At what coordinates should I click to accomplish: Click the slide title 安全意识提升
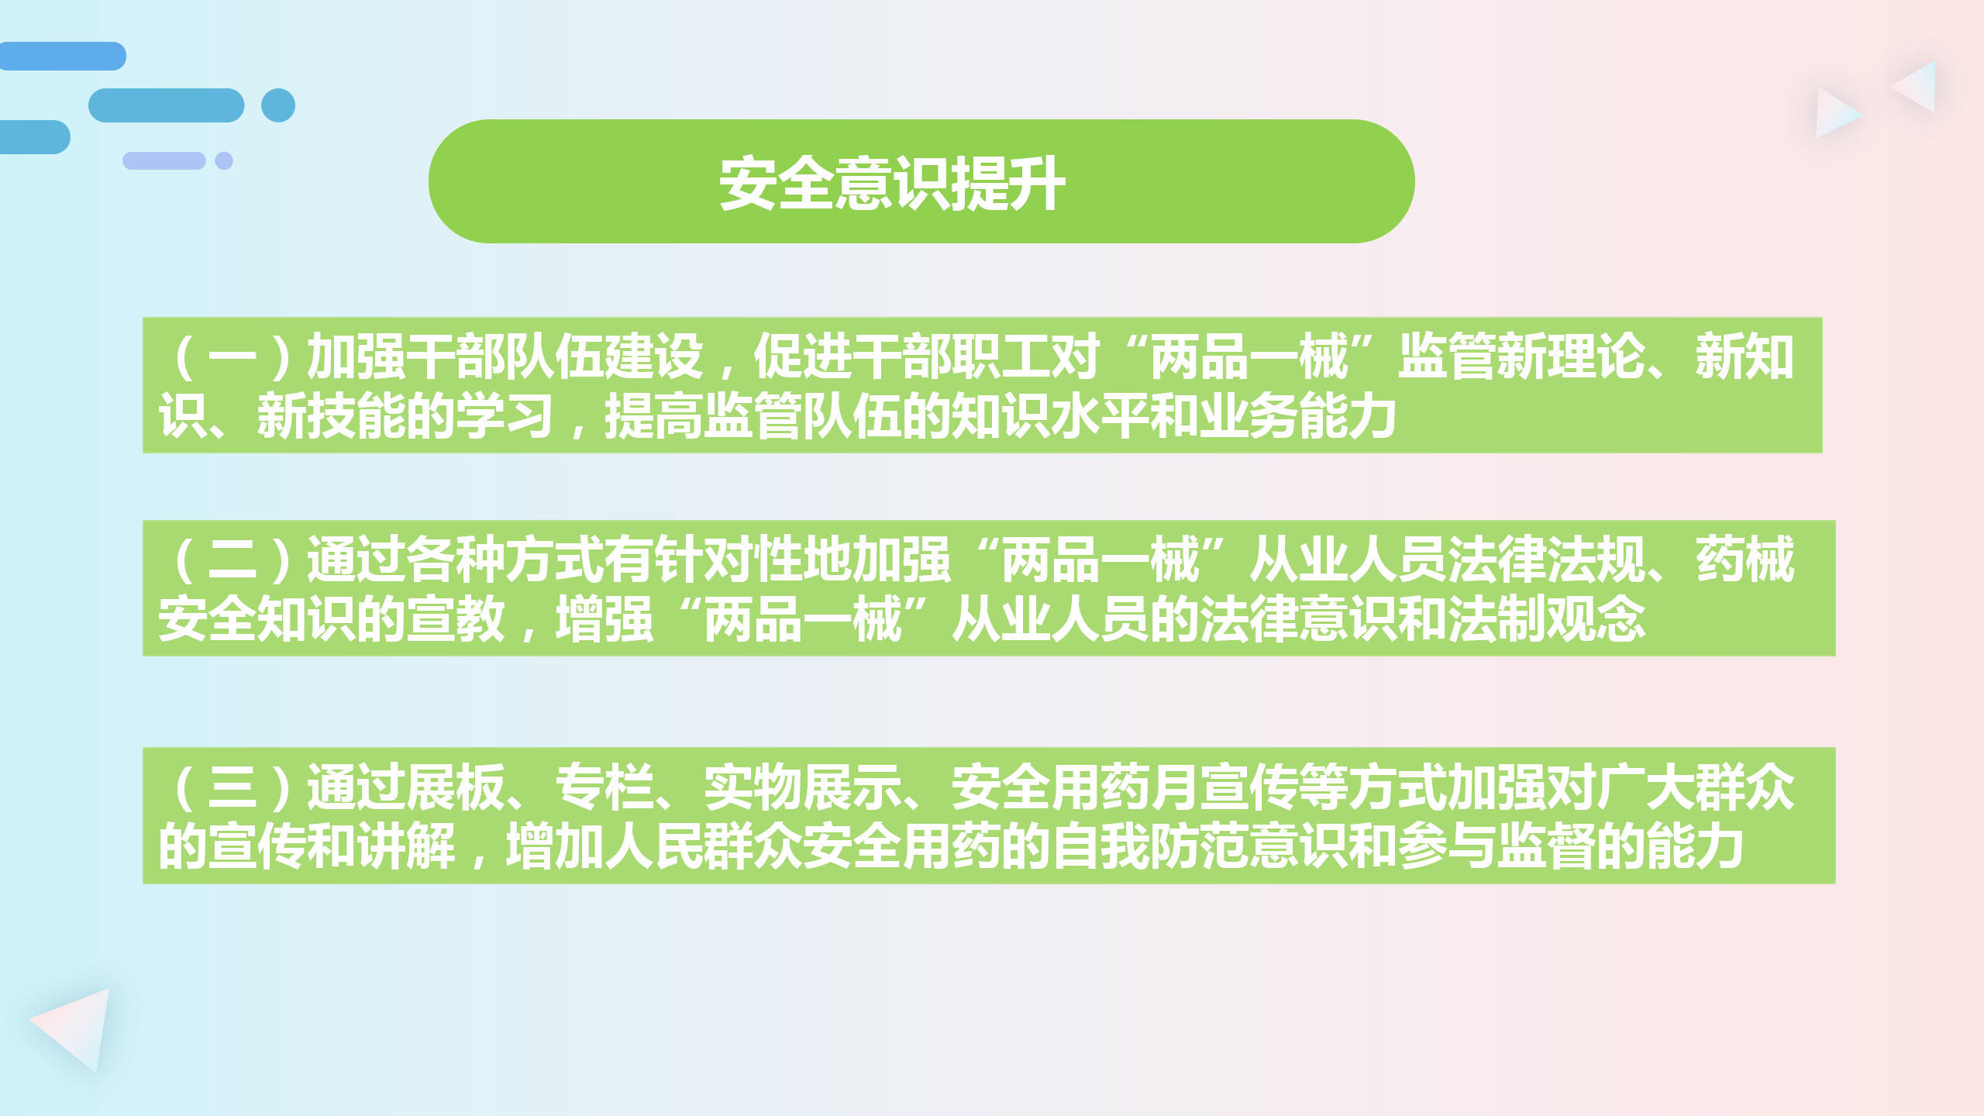(x=892, y=184)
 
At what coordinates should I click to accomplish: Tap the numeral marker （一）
(x=232, y=357)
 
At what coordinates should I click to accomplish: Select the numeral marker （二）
(x=232, y=560)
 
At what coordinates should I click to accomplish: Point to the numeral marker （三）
(x=232, y=787)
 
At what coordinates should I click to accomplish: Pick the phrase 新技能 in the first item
(x=331, y=416)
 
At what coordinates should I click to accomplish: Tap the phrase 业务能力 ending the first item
(x=1297, y=416)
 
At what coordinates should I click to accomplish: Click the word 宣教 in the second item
(x=456, y=619)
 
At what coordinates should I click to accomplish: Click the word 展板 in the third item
(x=456, y=787)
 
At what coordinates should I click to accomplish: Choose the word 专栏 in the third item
(x=604, y=787)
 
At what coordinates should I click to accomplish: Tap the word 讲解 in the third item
(x=406, y=846)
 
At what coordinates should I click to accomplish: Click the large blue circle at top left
(x=278, y=105)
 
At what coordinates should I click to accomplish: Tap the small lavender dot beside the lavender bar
(x=224, y=160)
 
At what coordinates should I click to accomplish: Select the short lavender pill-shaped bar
(x=164, y=160)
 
